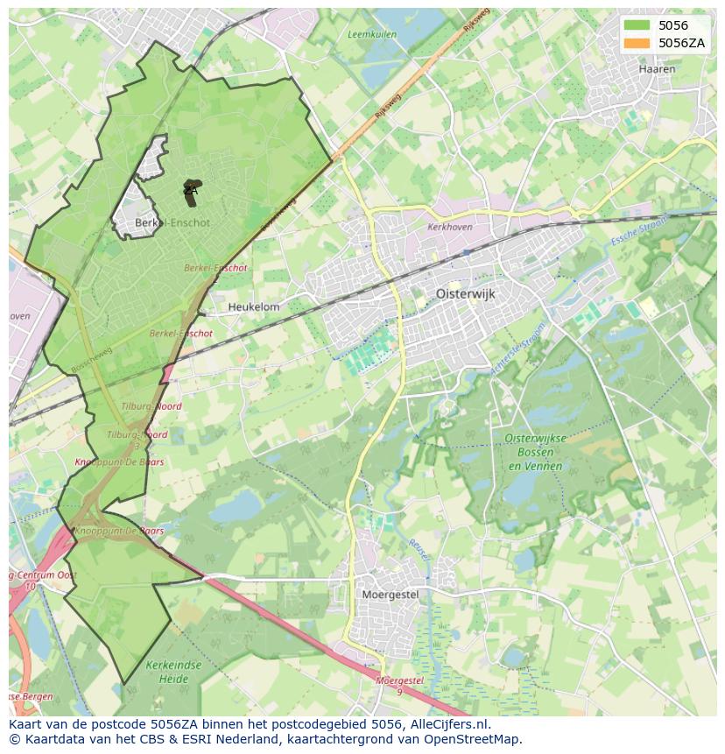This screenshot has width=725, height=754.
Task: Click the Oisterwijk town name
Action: (465, 294)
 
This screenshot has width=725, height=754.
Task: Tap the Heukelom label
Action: (254, 307)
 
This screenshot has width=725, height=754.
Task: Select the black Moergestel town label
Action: (391, 595)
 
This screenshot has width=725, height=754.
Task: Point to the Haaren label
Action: (657, 69)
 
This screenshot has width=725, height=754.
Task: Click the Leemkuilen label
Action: (372, 35)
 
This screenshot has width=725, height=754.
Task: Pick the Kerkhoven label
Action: (450, 227)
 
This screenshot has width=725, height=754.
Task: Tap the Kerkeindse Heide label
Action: (174, 672)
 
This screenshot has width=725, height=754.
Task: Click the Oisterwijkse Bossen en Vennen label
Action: (535, 452)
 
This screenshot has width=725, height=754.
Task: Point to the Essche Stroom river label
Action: (639, 230)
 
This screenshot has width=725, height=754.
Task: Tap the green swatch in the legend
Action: (637, 25)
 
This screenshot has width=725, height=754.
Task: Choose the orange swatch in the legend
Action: (637, 43)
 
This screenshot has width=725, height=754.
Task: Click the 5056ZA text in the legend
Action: (682, 43)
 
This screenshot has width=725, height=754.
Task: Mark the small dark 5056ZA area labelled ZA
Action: (190, 193)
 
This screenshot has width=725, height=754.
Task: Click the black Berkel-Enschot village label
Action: (172, 222)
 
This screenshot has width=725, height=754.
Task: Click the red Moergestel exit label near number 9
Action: (399, 680)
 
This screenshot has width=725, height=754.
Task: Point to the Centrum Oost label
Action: (43, 574)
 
